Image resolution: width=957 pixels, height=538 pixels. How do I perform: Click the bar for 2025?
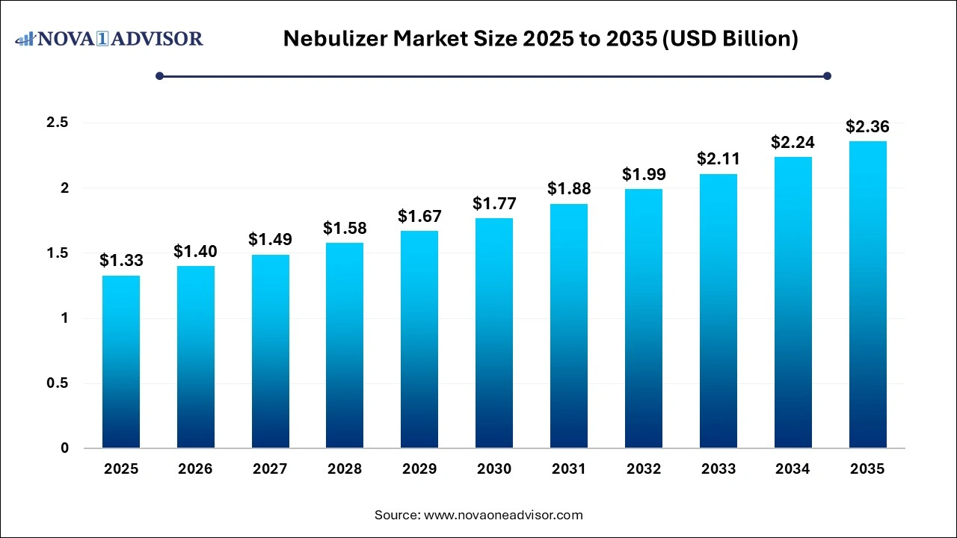(x=121, y=362)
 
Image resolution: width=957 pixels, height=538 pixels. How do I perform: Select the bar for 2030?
(x=494, y=333)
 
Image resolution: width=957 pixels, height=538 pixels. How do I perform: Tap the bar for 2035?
(x=867, y=294)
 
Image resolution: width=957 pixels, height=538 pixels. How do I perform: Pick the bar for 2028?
(x=345, y=345)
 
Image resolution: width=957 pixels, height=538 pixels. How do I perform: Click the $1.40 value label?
(x=196, y=252)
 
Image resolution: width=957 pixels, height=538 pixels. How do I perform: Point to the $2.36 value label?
(x=867, y=127)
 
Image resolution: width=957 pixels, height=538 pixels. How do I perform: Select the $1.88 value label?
(x=569, y=190)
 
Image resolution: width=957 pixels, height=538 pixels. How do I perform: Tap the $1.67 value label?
(x=419, y=217)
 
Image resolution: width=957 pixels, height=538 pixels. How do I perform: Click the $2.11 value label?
(x=718, y=159)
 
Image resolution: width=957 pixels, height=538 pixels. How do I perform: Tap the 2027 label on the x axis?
(x=270, y=469)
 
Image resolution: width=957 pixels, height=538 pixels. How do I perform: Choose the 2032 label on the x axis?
(x=644, y=469)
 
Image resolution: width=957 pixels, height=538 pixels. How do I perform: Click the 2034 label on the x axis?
(x=793, y=469)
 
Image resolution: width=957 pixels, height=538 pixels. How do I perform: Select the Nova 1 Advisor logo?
(x=109, y=38)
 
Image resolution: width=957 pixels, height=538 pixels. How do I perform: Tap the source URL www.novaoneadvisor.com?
(x=503, y=515)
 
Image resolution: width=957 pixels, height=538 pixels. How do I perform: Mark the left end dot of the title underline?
(x=159, y=75)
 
